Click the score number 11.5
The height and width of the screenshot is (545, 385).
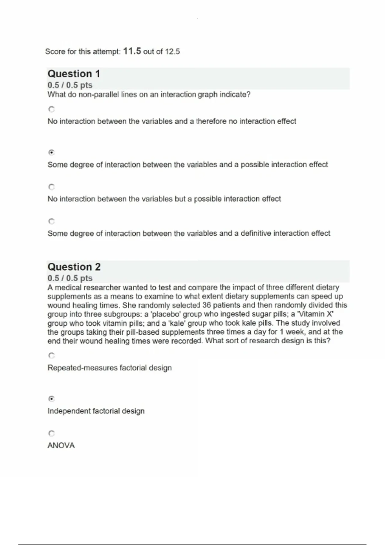(132, 51)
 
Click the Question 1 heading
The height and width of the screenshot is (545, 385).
(74, 74)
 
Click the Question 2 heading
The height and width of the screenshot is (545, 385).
(74, 267)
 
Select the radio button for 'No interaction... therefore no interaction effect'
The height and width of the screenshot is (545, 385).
(52, 109)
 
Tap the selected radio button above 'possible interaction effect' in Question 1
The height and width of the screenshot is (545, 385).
(51, 152)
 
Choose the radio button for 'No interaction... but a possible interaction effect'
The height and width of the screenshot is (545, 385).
(52, 187)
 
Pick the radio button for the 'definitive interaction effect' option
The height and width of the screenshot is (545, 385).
(52, 221)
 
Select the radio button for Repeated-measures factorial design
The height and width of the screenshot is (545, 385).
(52, 356)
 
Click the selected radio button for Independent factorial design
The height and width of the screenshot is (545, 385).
(51, 399)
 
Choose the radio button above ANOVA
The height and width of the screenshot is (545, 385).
(52, 433)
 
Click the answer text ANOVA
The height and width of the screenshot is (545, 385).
(61, 445)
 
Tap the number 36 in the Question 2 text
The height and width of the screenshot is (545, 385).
(207, 305)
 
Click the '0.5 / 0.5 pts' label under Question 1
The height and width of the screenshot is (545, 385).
(70, 85)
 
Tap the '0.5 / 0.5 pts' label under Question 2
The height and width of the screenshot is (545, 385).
(70, 278)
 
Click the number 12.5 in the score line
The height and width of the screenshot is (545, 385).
(172, 51)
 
